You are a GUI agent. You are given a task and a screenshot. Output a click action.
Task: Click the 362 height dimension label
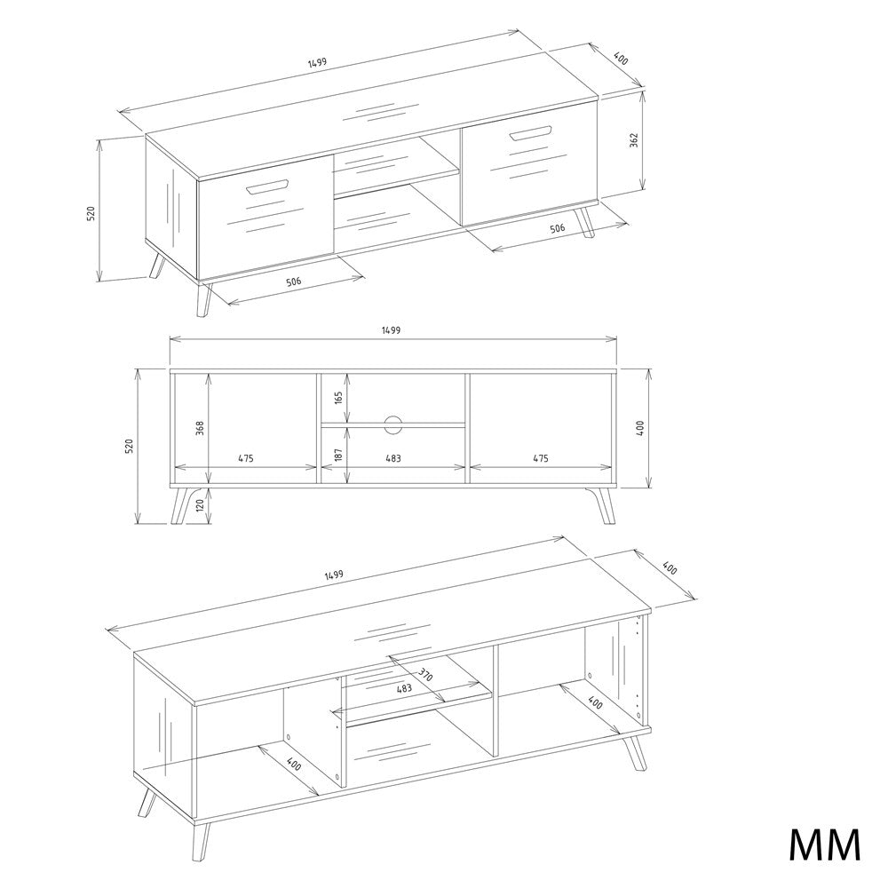click(634, 140)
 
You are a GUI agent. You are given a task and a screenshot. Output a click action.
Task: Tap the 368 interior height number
click(200, 428)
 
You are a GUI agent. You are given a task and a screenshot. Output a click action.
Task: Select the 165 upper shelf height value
click(338, 397)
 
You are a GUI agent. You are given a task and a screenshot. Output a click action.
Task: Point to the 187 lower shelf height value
click(338, 455)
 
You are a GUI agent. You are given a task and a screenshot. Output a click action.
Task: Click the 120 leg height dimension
click(200, 506)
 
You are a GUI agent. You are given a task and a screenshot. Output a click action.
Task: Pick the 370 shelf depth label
click(425, 675)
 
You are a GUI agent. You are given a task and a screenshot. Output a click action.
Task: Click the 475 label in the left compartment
click(245, 459)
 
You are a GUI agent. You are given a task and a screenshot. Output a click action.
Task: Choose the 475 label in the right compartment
click(540, 459)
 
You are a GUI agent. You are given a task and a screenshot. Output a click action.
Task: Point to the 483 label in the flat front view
click(393, 459)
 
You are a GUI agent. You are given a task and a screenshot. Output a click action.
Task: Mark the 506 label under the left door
click(293, 281)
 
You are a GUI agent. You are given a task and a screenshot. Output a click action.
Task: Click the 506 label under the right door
click(558, 229)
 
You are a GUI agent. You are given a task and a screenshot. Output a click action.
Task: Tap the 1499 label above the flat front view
click(391, 330)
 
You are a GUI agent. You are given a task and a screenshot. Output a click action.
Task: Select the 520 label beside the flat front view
click(129, 447)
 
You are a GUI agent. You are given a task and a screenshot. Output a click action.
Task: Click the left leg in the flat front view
click(186, 504)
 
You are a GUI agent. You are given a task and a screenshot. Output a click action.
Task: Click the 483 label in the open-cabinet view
click(404, 689)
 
